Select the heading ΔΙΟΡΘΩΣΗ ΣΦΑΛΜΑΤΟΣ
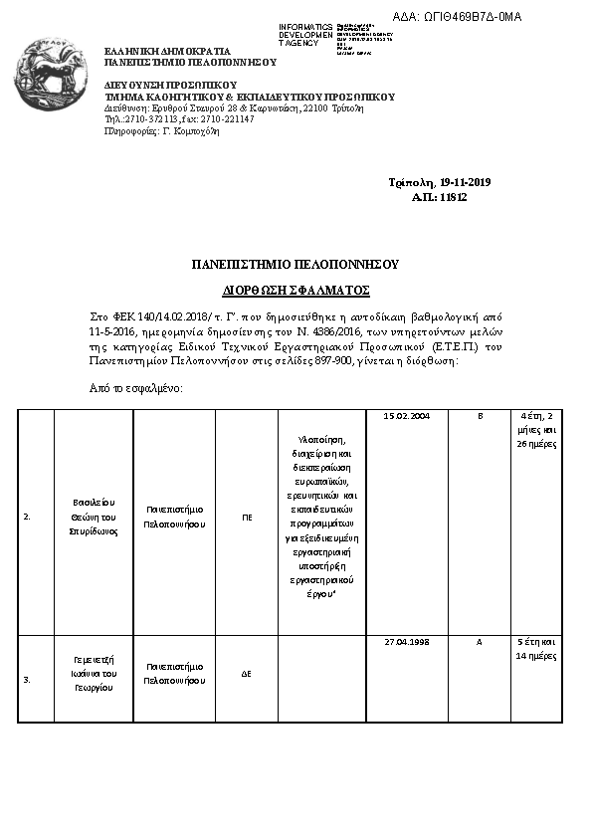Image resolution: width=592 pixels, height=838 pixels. tap(296, 291)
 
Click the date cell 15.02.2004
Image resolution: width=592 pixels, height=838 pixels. tap(405, 416)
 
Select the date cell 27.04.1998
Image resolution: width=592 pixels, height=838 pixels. tap(405, 642)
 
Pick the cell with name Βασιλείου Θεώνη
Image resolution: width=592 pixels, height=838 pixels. tap(95, 517)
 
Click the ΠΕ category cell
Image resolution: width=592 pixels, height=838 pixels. tap(247, 518)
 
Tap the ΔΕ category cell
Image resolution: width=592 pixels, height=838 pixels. tap(247, 674)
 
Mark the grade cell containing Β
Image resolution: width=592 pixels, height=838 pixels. tap(480, 416)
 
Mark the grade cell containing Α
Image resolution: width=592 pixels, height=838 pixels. tap(480, 642)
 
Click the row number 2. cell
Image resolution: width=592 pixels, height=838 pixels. tap(28, 518)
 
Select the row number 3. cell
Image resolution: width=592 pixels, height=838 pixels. tap(28, 679)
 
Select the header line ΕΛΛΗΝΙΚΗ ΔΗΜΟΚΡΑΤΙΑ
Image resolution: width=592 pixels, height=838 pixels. tap(167, 51)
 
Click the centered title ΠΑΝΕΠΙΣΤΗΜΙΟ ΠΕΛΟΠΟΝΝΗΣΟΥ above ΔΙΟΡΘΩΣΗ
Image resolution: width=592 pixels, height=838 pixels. tap(296, 265)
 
